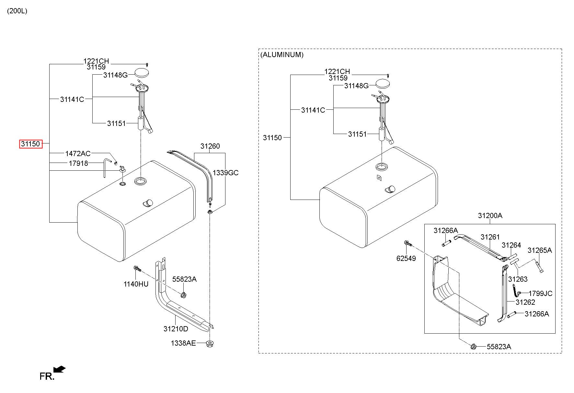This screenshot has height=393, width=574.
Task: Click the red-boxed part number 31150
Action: (31, 144)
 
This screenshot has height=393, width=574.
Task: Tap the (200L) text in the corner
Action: (17, 11)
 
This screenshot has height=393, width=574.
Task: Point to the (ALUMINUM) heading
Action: (282, 55)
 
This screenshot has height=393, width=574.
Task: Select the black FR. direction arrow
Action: (59, 369)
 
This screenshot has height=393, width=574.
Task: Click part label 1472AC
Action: (78, 154)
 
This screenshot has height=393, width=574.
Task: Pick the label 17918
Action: (78, 163)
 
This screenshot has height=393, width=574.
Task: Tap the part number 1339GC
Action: (225, 173)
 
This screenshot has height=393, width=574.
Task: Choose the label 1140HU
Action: (136, 284)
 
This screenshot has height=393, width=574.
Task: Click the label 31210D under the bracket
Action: (176, 329)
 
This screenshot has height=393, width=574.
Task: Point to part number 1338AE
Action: (183, 343)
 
